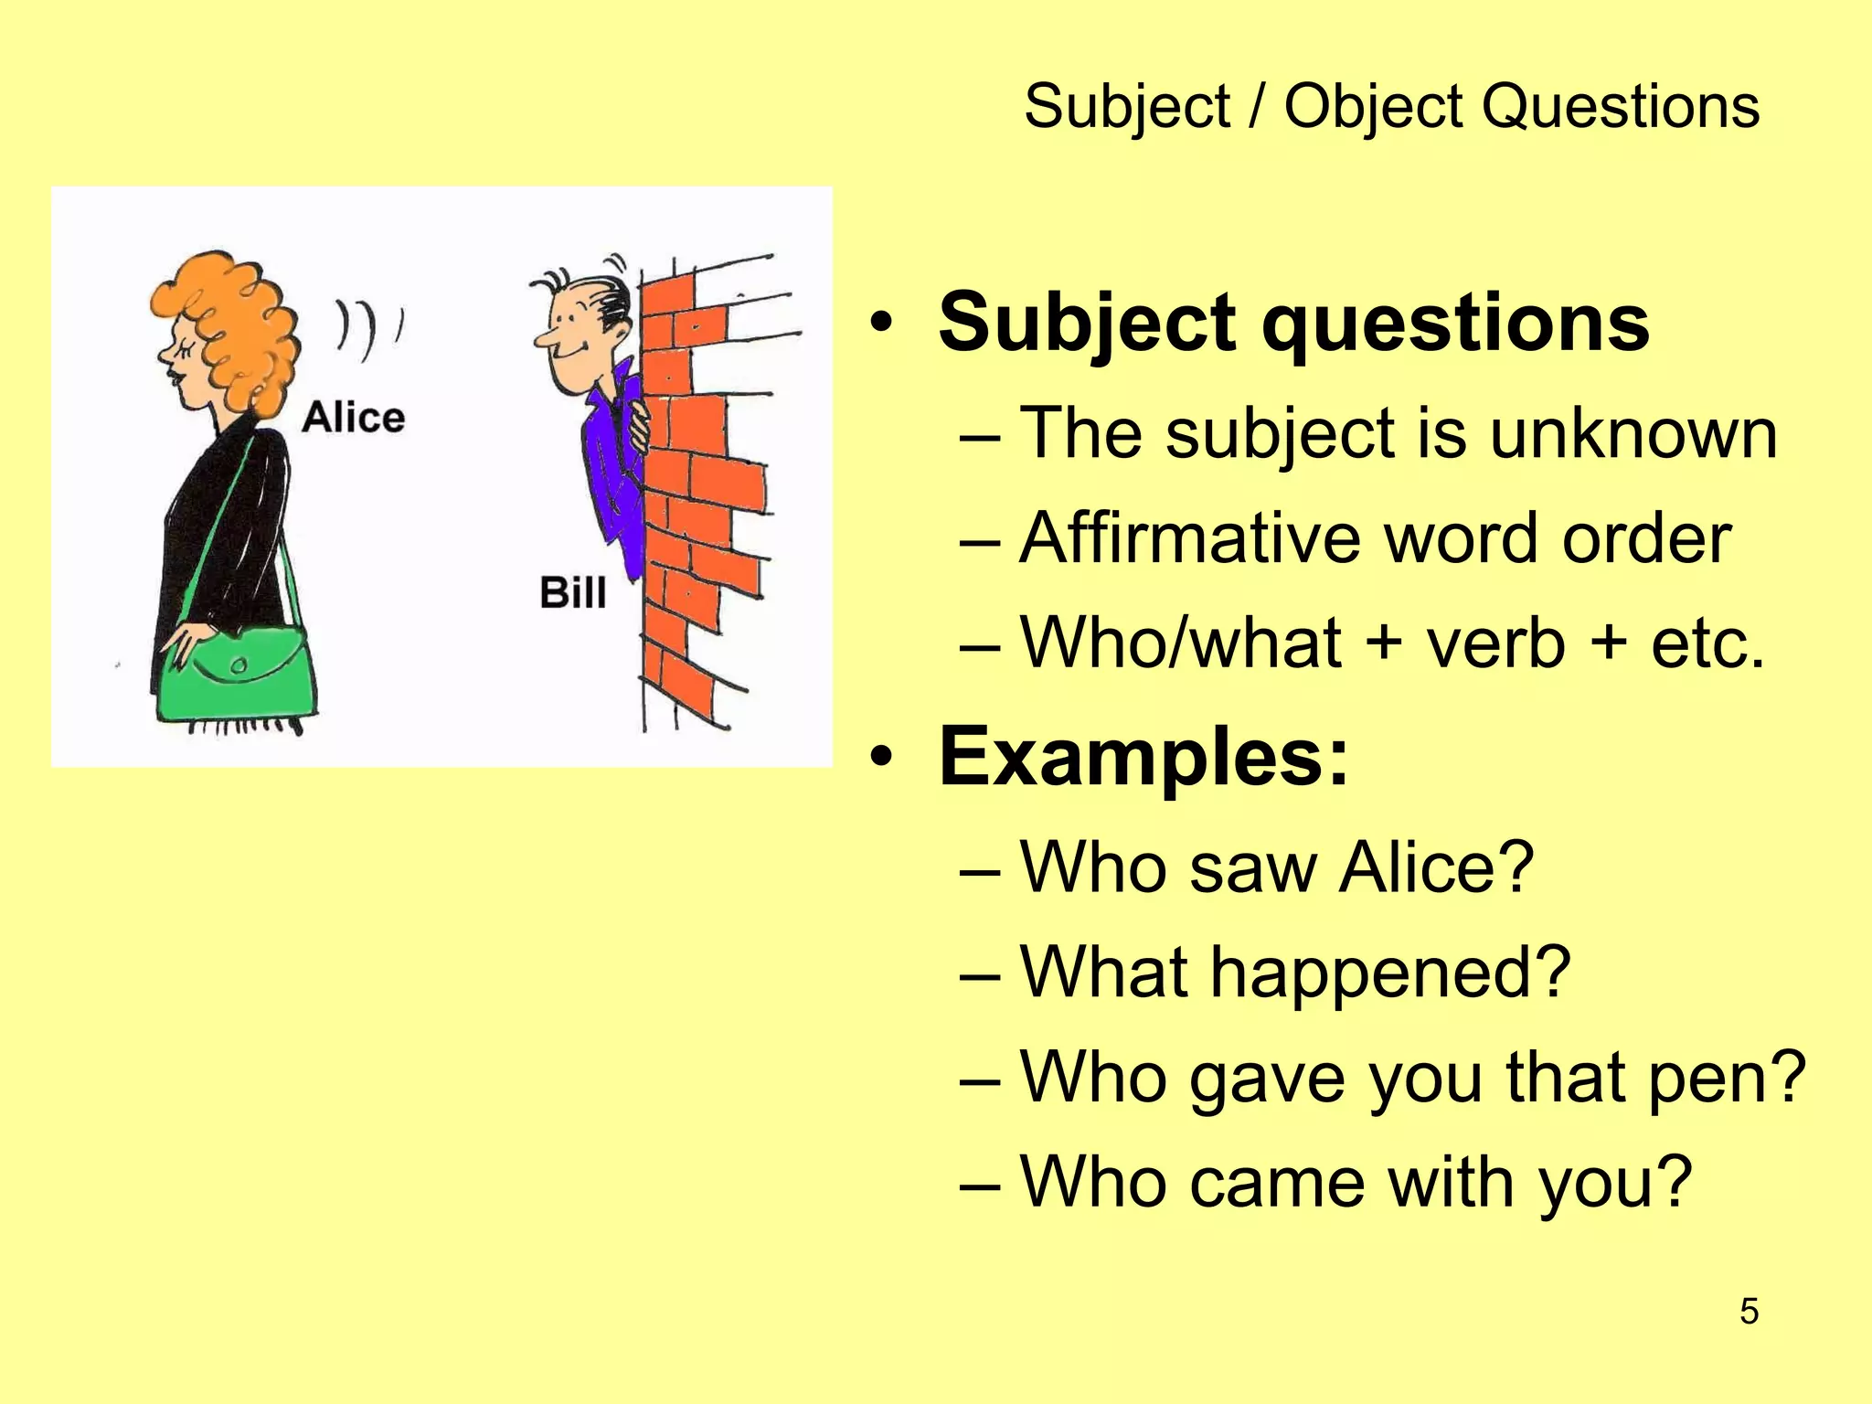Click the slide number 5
point(1749,1312)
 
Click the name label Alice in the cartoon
point(353,418)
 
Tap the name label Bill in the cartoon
point(572,592)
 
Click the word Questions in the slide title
point(1620,107)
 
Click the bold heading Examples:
point(1143,756)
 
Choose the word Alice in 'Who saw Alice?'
point(1435,867)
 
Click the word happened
point(1389,973)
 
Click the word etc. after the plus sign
point(1707,643)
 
